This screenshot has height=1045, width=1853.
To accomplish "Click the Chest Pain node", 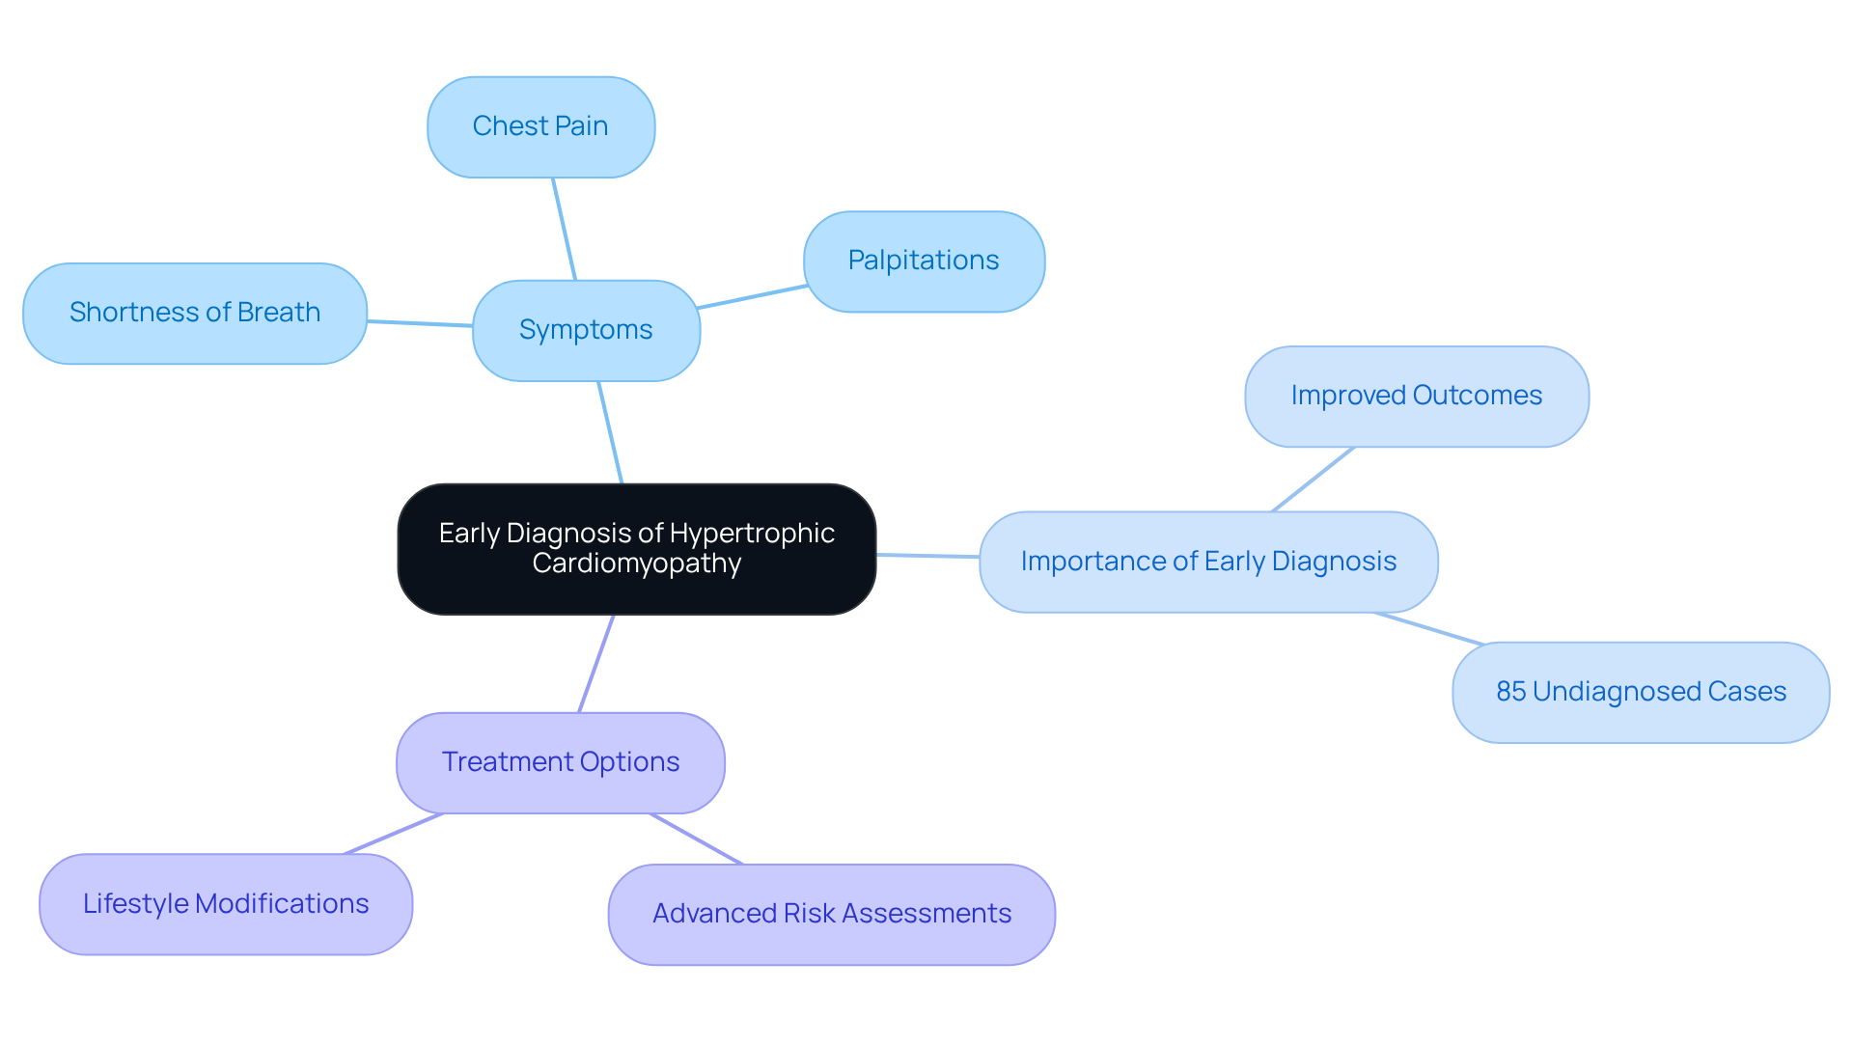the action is click(x=540, y=126).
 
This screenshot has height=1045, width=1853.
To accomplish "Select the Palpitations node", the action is click(x=924, y=261).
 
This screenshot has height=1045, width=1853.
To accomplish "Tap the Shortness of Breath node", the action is click(x=195, y=313).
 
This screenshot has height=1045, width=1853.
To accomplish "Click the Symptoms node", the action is click(x=586, y=330).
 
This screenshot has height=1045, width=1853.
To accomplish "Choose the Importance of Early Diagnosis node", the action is click(x=1208, y=562).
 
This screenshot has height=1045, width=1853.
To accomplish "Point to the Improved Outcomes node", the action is click(x=1416, y=396).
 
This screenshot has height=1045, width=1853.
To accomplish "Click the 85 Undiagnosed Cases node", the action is click(x=1641, y=692).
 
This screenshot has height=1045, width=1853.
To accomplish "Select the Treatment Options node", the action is click(x=560, y=762).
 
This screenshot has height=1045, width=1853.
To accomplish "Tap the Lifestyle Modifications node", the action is click(x=226, y=904).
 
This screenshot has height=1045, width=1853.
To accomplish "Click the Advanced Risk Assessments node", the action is click(x=831, y=914).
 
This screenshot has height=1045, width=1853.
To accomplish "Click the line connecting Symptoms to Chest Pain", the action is click(x=564, y=229).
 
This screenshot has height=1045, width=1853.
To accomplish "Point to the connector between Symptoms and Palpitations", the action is click(x=752, y=297).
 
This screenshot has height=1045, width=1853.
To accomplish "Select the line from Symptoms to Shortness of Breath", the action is click(x=420, y=323).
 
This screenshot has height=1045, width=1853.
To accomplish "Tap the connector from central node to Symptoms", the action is click(x=610, y=432).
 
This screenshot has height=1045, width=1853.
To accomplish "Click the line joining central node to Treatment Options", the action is click(x=596, y=664).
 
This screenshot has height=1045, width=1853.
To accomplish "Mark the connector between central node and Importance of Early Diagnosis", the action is click(x=927, y=556).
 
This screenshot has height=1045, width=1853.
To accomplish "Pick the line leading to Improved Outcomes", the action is click(x=1313, y=480).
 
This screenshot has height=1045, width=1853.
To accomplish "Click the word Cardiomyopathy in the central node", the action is click(x=636, y=564).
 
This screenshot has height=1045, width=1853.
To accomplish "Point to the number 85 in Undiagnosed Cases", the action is click(x=1510, y=692).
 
